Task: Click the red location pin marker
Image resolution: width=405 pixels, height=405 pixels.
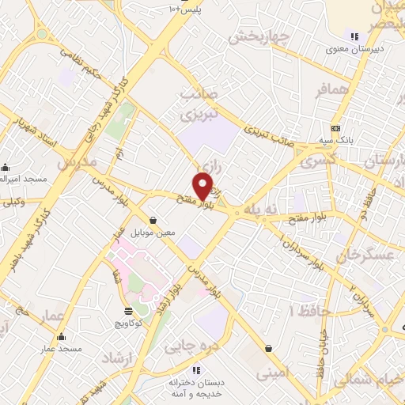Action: (203, 186)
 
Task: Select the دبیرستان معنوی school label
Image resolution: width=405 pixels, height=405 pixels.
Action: (355, 48)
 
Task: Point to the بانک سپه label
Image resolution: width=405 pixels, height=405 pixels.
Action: (336, 140)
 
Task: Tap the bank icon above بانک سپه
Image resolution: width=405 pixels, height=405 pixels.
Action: (335, 128)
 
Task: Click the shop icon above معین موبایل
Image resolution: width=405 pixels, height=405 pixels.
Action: (153, 220)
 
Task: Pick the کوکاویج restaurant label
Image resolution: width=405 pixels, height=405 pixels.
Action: (129, 323)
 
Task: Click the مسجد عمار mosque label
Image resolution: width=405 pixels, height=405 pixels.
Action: (58, 349)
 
